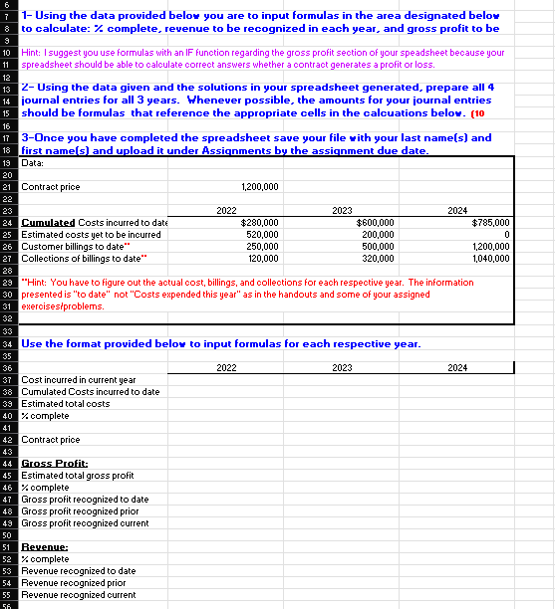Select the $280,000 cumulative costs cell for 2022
[260, 223]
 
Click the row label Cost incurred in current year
[79, 380]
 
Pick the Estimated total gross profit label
[77, 476]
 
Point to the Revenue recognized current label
[79, 594]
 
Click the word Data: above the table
[33, 162]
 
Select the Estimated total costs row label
[66, 404]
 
